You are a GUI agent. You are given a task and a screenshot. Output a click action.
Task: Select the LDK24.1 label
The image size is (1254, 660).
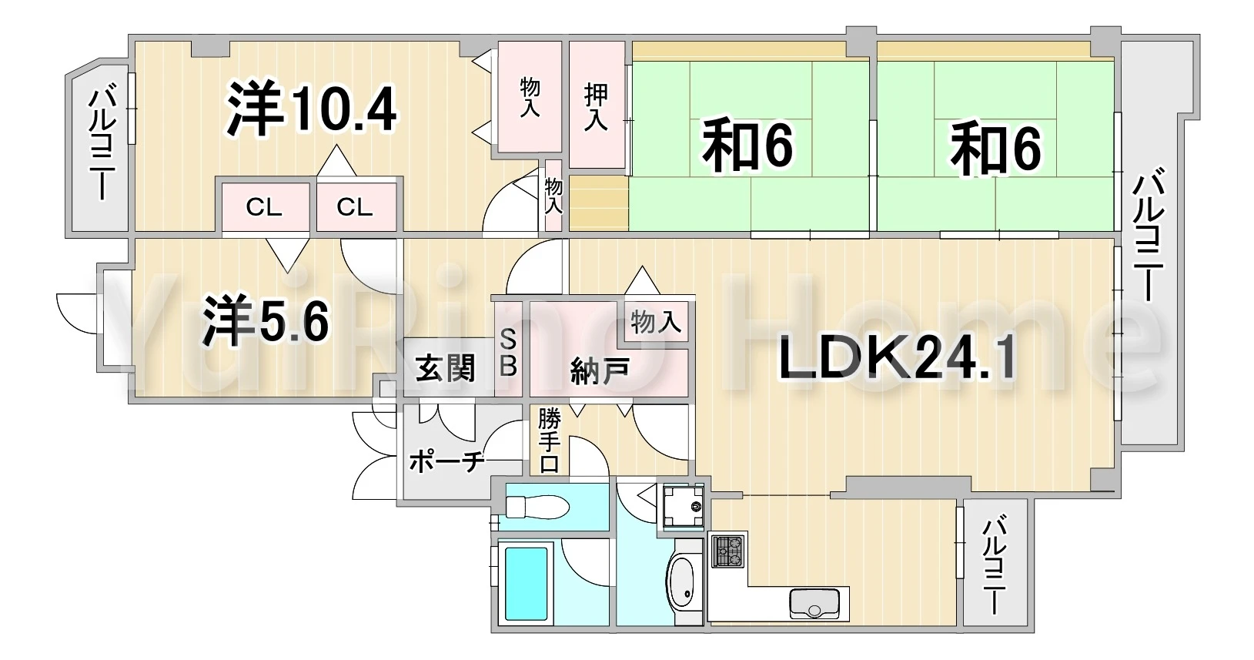[x=897, y=361]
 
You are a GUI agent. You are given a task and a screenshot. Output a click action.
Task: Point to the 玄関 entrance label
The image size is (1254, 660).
[x=446, y=368]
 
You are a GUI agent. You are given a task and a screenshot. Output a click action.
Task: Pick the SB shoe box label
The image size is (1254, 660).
[x=508, y=353]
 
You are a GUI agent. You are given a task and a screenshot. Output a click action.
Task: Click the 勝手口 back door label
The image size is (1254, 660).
[x=549, y=441]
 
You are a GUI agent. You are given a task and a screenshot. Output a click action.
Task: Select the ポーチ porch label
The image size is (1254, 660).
[x=446, y=463]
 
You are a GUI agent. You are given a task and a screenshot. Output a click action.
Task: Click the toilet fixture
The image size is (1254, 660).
[x=537, y=507]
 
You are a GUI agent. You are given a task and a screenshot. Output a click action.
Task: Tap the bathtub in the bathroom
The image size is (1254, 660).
[x=527, y=584]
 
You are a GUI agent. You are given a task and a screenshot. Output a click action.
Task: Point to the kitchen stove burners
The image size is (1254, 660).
[x=727, y=551]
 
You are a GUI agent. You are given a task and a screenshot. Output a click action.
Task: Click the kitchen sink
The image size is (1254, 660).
[x=814, y=604]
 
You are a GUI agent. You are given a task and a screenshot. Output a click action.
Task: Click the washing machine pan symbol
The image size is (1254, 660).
[x=684, y=507]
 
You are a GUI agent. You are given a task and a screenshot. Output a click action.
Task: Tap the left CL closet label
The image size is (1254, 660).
[x=264, y=208]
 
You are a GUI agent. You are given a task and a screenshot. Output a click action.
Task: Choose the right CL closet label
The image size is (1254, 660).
[x=354, y=208]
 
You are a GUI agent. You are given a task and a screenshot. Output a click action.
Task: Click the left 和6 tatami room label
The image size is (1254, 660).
[x=748, y=146]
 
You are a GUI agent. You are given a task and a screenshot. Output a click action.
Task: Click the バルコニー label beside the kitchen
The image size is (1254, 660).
[x=995, y=567]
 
